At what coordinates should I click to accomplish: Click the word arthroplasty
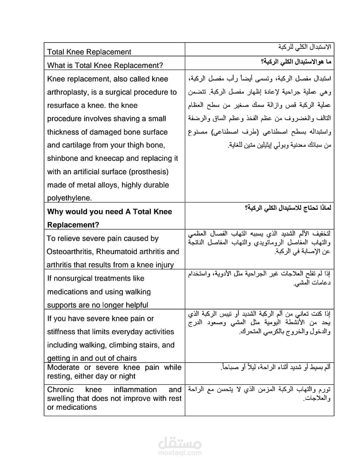click(66, 92)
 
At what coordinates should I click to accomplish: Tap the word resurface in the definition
click(62, 106)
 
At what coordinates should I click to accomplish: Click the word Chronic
click(60, 390)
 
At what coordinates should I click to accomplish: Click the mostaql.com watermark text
click(180, 453)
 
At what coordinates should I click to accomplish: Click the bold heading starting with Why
click(109, 212)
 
